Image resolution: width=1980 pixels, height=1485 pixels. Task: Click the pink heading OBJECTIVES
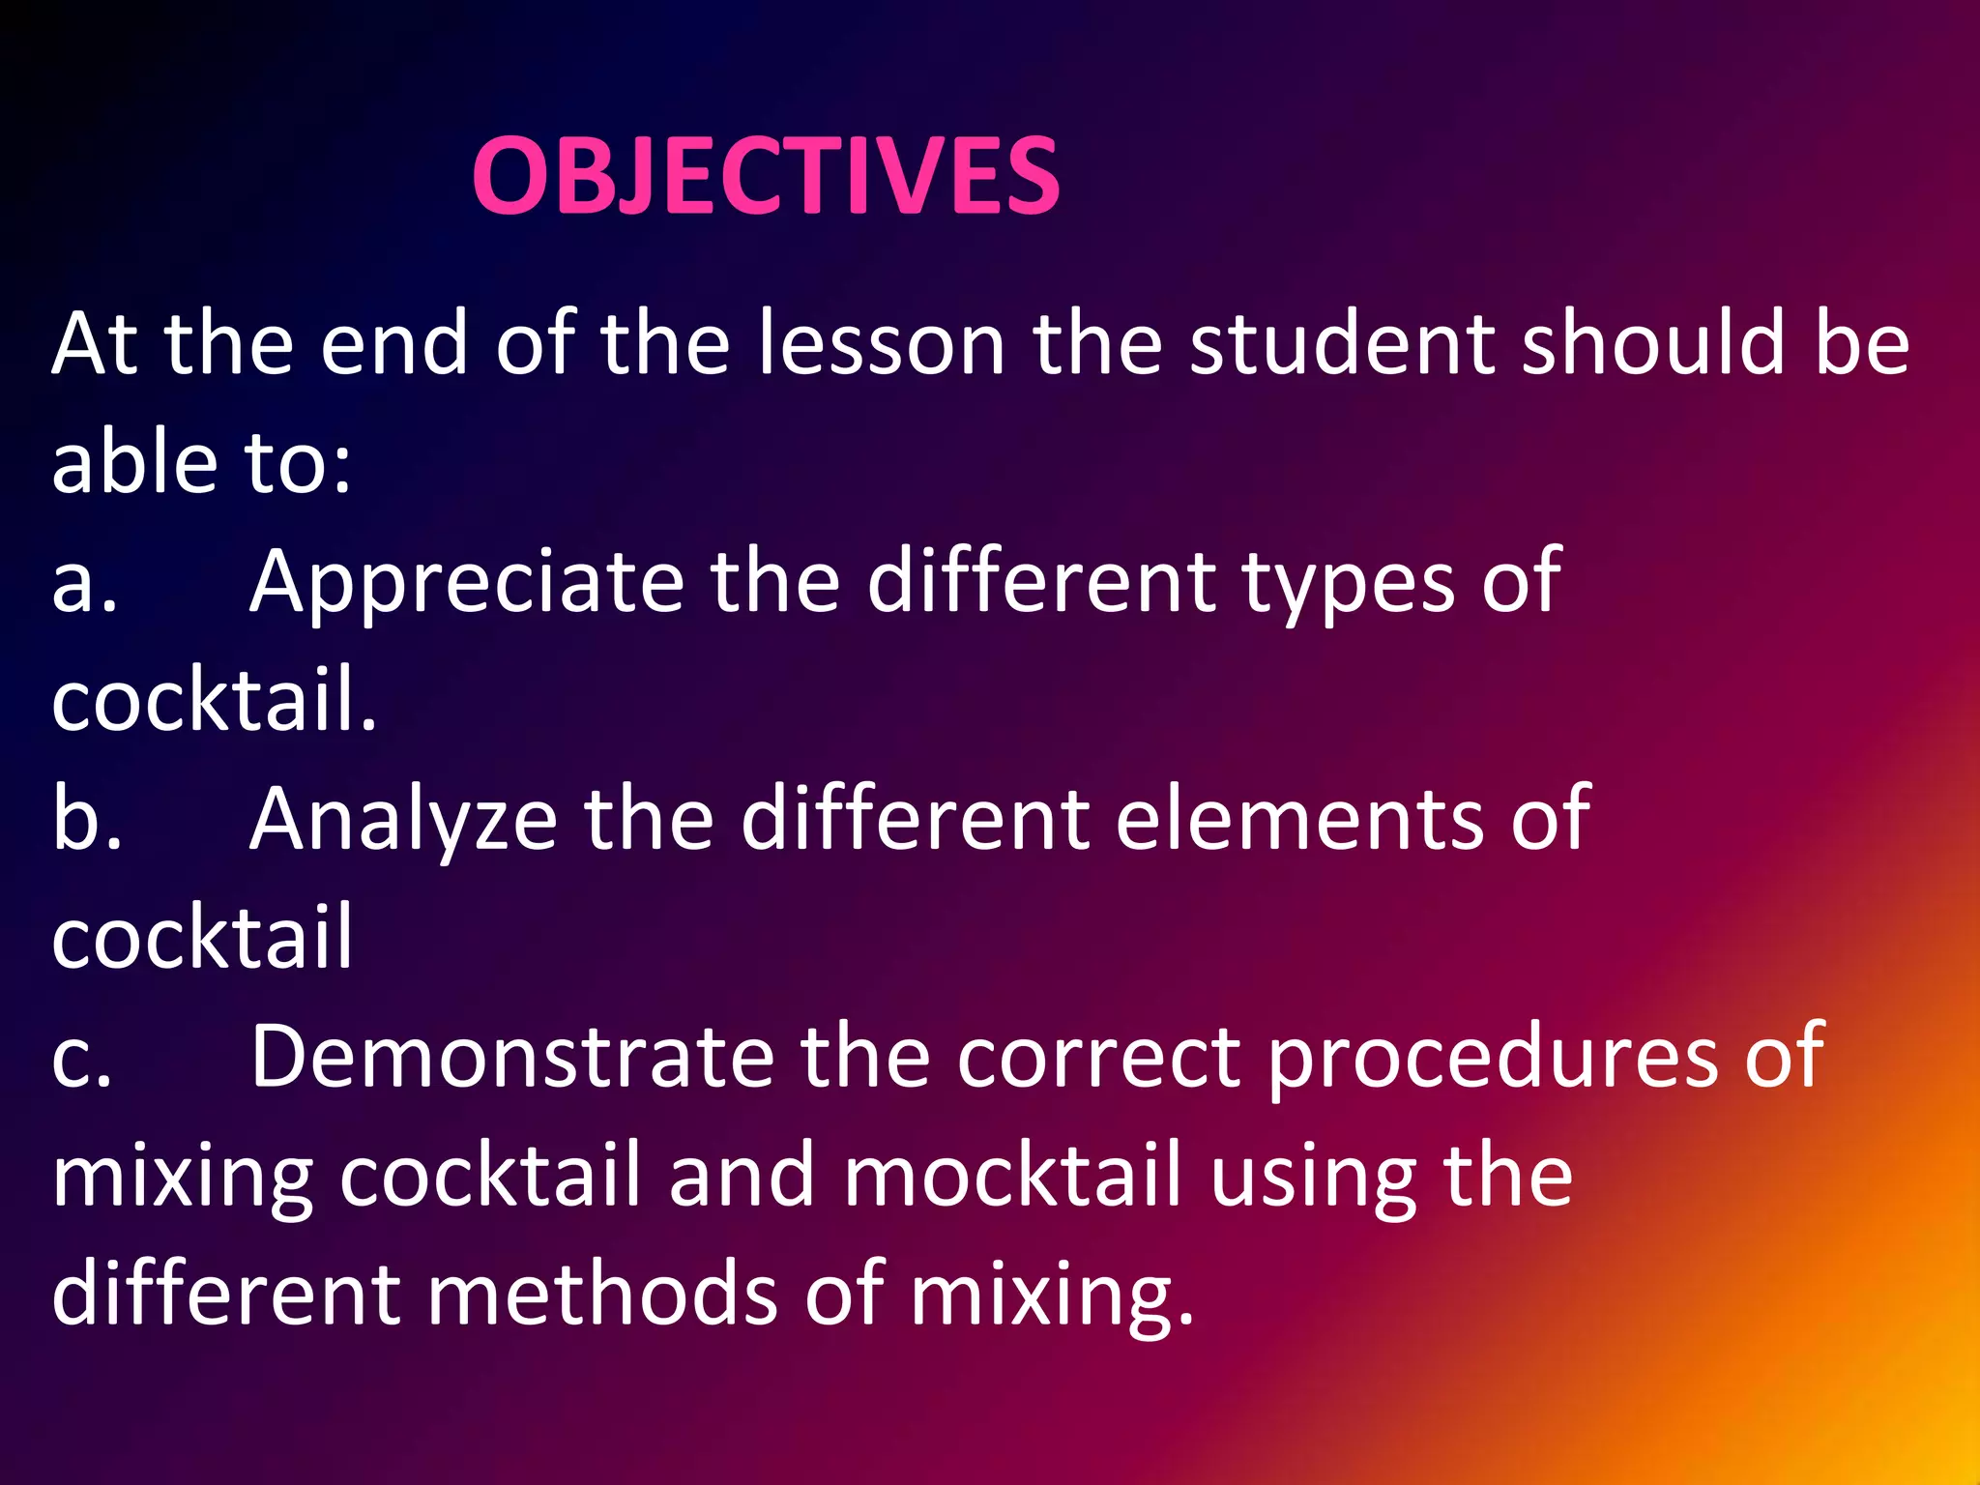click(766, 176)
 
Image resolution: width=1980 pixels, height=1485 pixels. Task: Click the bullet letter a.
click(84, 582)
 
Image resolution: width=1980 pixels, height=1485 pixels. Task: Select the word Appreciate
click(467, 582)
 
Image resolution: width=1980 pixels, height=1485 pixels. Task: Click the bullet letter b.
click(86, 819)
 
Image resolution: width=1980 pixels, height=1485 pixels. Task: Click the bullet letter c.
click(82, 1057)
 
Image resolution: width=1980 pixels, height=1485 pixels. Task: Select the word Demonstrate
click(512, 1057)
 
